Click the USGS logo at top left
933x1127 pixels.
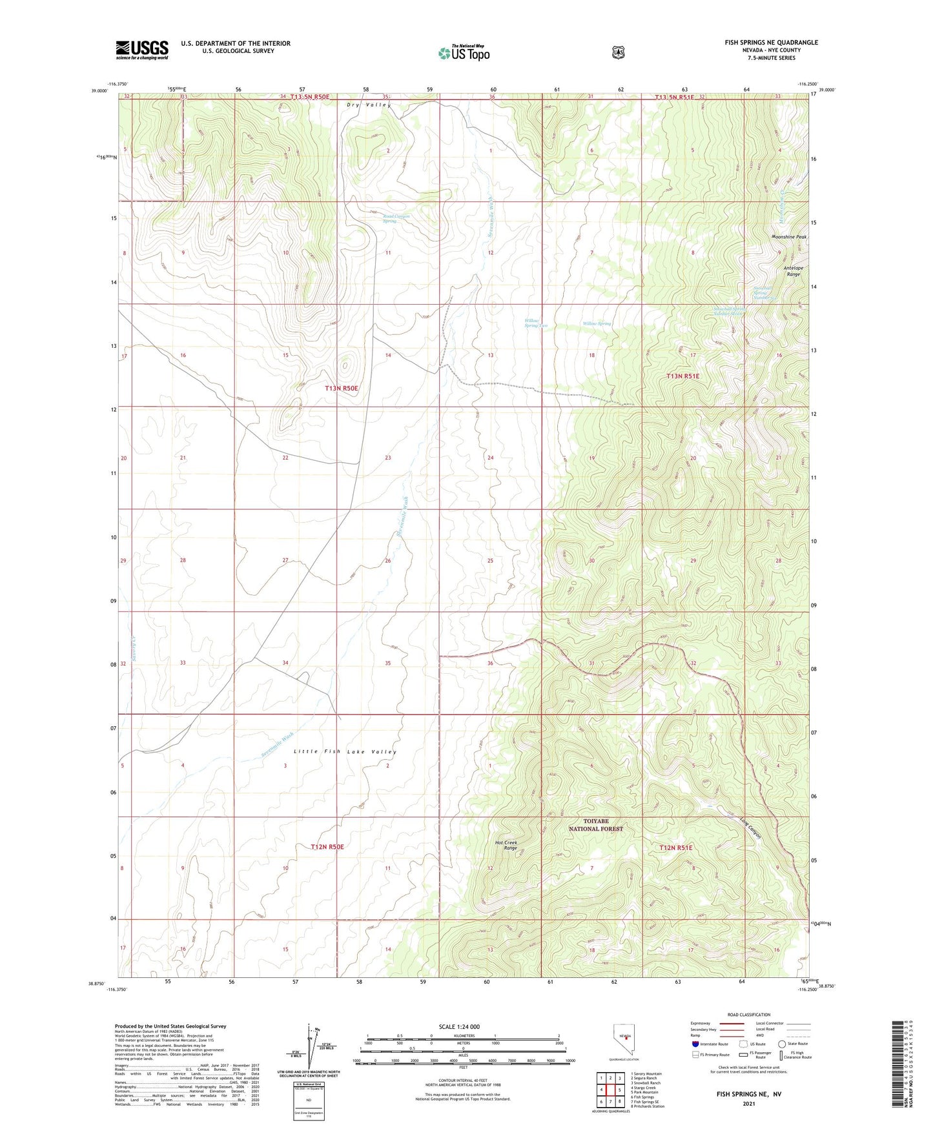point(142,50)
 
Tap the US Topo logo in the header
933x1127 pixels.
point(464,53)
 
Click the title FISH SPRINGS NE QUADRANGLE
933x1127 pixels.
point(771,43)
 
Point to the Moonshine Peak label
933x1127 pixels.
point(788,237)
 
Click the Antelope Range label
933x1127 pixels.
point(793,271)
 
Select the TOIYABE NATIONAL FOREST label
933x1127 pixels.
point(595,825)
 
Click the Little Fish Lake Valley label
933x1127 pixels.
point(345,751)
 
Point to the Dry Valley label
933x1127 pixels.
point(369,105)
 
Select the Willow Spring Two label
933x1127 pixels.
point(536,323)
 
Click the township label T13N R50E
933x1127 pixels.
point(341,388)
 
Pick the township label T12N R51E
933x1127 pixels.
point(675,848)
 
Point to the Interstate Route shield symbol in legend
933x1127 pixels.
point(695,1044)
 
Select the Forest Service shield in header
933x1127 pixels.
point(619,52)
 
